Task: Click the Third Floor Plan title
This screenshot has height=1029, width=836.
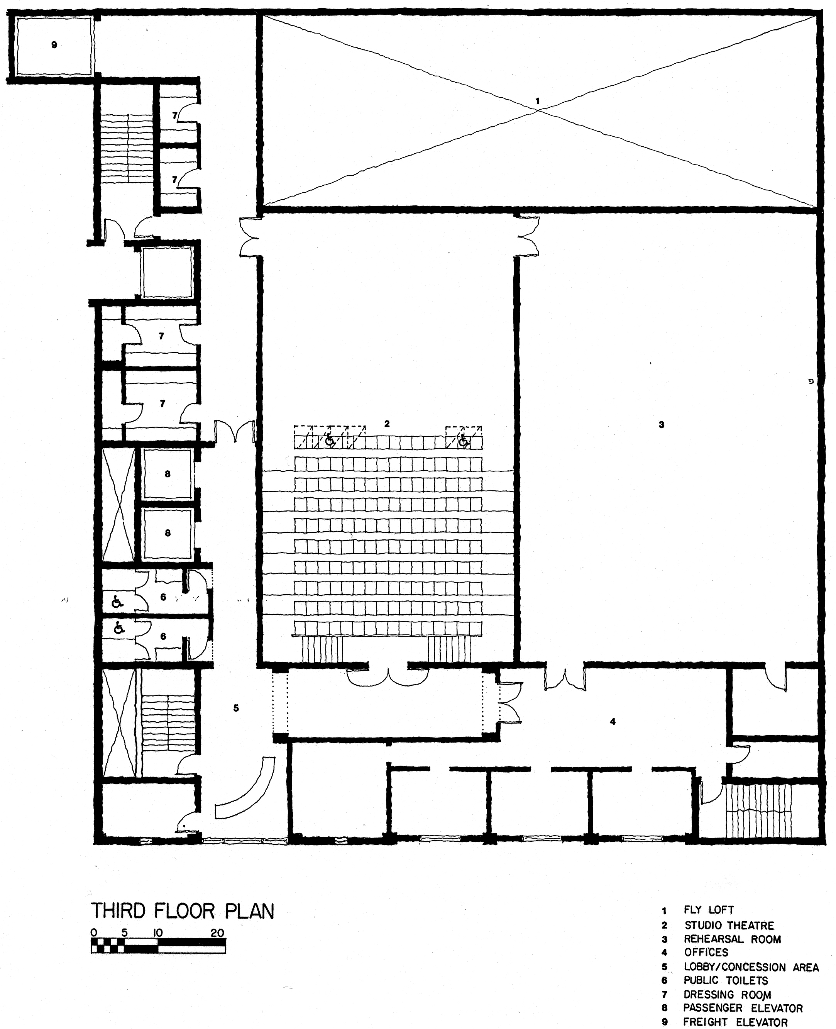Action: pos(183,911)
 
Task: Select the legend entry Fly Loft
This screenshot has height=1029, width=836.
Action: pos(709,910)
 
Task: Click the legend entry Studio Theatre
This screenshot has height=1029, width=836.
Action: pos(729,926)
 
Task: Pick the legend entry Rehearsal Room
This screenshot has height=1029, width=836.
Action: pos(732,939)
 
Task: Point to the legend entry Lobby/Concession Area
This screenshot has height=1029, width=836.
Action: pos(751,967)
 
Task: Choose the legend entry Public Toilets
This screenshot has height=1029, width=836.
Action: pos(726,980)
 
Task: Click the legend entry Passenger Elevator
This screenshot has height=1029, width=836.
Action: pos(743,1008)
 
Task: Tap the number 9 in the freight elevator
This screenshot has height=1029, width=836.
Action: pos(54,45)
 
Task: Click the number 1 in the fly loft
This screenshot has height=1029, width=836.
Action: pos(537,101)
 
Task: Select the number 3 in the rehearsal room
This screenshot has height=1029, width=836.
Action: pos(662,424)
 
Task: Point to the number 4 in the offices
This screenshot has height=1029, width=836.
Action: pos(613,721)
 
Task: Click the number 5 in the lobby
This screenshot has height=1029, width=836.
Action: pos(236,708)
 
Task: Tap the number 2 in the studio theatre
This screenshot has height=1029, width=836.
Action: pos(387,424)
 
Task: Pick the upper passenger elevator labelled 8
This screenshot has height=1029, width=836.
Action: pos(168,474)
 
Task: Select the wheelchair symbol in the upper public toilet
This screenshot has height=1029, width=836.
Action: pos(117,601)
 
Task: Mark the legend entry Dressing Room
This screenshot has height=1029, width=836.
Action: pos(727,994)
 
